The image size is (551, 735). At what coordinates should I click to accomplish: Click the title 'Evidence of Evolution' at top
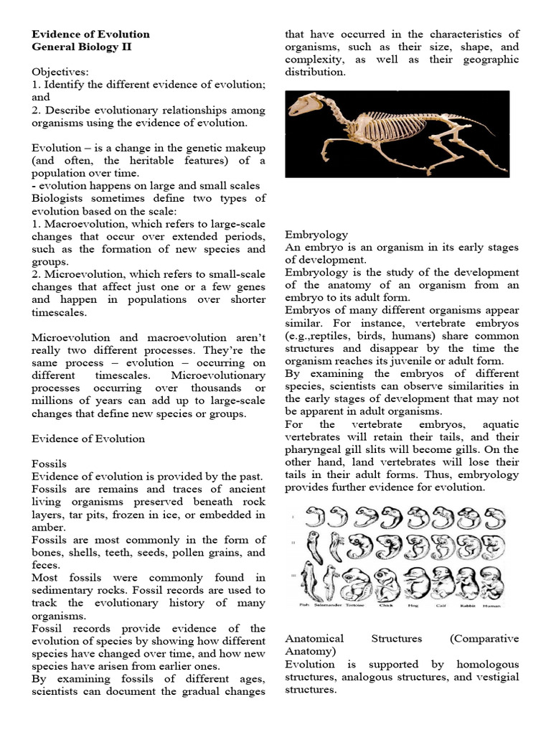click(x=91, y=34)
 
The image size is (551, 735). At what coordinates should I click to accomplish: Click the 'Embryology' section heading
click(x=316, y=234)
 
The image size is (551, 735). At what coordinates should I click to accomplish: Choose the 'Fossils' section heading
click(x=50, y=464)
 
